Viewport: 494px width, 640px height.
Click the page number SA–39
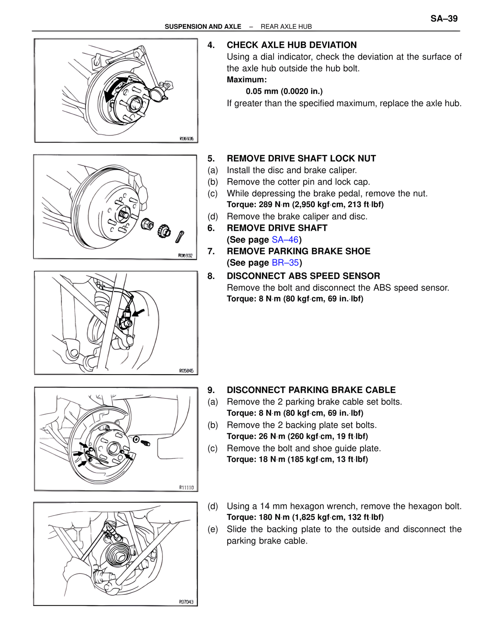pyautogui.click(x=444, y=19)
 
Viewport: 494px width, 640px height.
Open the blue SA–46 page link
pyautogui.click(x=285, y=240)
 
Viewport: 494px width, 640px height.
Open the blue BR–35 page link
pyautogui.click(x=285, y=263)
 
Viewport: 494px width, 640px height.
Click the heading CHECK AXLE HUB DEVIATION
pyautogui.click(x=291, y=45)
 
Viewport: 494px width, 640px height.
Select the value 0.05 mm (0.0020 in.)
pyautogui.click(x=284, y=91)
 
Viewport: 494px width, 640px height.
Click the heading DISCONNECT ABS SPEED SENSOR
pyautogui.click(x=303, y=276)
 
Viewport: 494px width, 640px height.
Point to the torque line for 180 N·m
pyautogui.click(x=305, y=517)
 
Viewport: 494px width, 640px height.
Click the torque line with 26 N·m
pyautogui.click(x=297, y=436)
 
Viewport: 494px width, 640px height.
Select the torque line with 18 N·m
pyautogui.click(x=297, y=460)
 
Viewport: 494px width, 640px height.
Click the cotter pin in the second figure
pyautogui.click(x=179, y=237)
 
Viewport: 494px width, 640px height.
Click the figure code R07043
pyautogui.click(x=186, y=602)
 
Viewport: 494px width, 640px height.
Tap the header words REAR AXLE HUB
pyautogui.click(x=286, y=27)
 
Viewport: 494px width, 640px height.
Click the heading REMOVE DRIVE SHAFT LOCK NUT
pyautogui.click(x=301, y=158)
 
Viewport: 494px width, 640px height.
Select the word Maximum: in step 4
pyautogui.click(x=247, y=80)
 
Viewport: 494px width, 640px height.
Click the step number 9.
pyautogui.click(x=211, y=390)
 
